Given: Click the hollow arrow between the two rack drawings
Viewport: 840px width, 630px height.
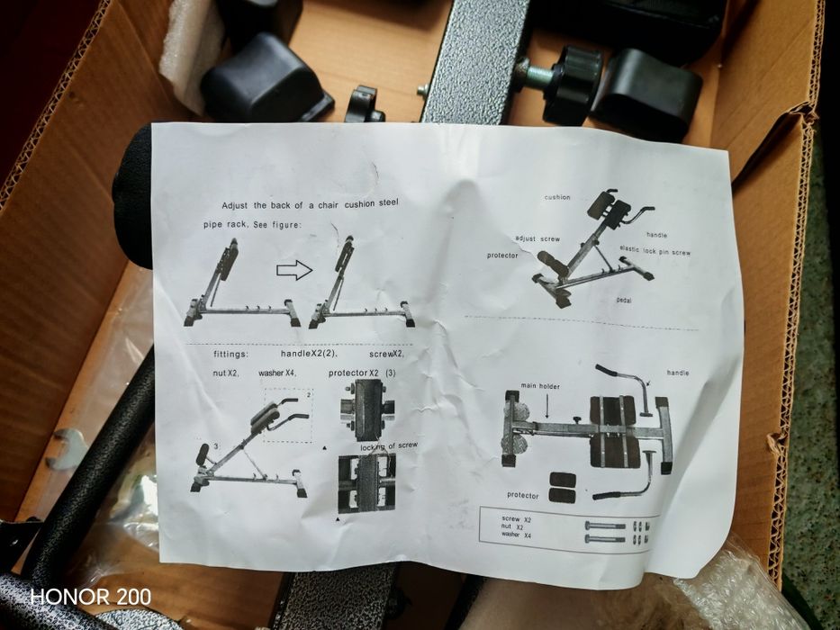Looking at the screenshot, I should point(294,269).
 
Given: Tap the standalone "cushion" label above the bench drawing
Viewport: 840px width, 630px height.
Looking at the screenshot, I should point(556,197).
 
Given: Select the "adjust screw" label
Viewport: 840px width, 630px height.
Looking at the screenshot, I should point(537,239).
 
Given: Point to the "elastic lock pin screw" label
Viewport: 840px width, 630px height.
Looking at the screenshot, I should point(655,251).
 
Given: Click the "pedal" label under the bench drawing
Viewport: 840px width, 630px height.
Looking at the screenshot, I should point(624,299).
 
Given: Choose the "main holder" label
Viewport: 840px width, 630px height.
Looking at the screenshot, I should point(539,387).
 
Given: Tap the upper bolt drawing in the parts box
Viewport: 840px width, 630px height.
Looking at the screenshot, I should point(604,525).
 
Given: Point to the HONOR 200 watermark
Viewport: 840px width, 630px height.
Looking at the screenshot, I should point(91,596).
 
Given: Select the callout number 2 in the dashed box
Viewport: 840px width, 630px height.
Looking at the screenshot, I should point(307,394).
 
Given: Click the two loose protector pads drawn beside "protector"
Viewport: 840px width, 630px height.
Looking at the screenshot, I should point(564,486).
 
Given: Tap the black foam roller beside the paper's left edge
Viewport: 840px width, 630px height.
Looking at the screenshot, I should point(132,193).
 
